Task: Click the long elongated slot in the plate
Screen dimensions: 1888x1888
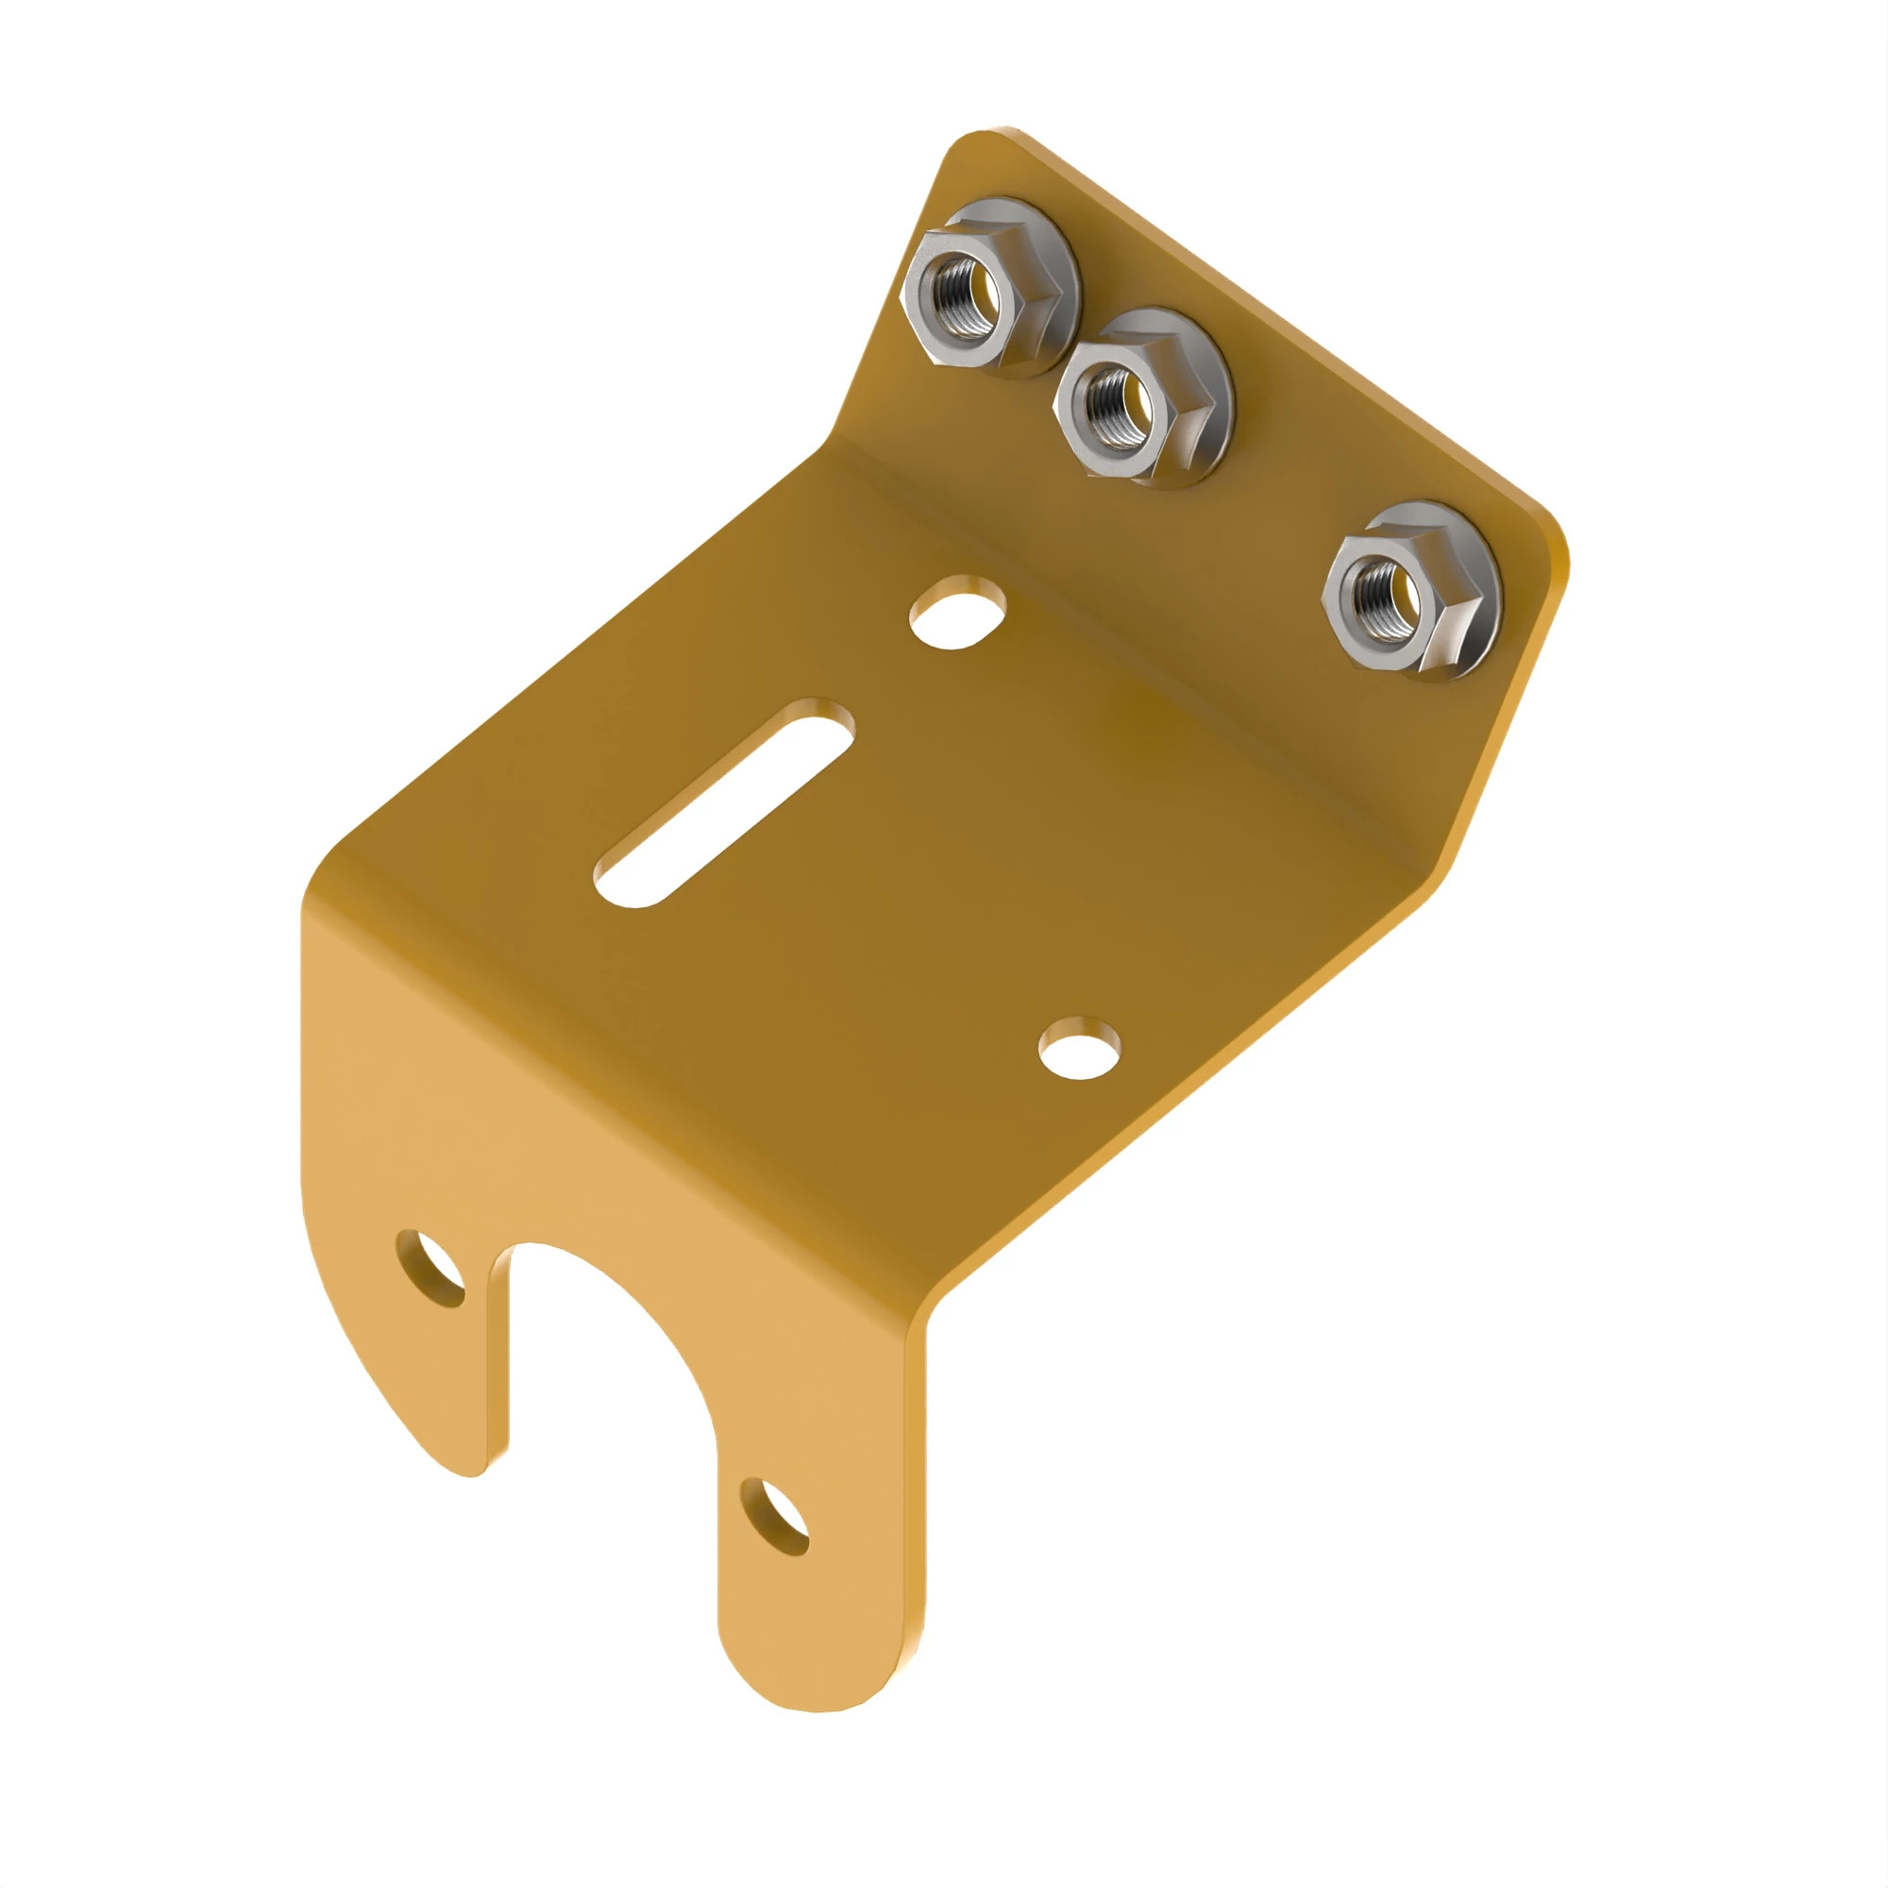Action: pos(725,802)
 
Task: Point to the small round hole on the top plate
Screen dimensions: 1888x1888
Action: pos(1080,1050)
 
